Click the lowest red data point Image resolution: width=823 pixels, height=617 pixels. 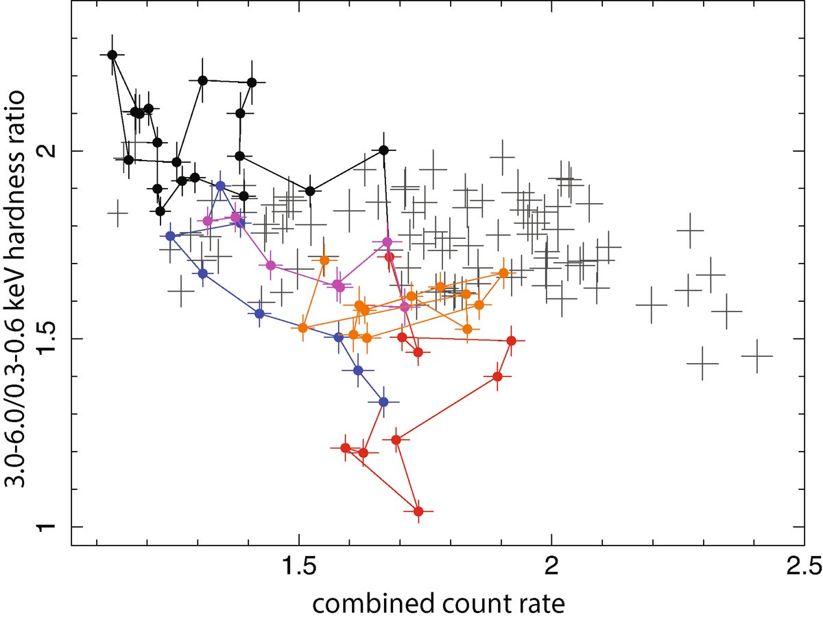tap(418, 511)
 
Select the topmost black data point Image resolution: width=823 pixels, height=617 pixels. tap(112, 54)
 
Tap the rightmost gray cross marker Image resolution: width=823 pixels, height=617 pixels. tap(757, 356)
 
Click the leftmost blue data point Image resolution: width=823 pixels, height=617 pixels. tap(171, 236)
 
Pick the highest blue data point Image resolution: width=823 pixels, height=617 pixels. tap(220, 186)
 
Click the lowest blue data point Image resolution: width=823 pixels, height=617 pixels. tap(383, 401)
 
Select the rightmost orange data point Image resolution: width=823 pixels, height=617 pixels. tap(503, 272)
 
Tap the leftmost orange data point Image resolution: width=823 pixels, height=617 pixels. tap(303, 328)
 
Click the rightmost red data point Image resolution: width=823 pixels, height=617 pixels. tap(511, 340)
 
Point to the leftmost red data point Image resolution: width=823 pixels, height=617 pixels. tap(346, 447)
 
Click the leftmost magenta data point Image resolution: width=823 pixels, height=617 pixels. tap(208, 220)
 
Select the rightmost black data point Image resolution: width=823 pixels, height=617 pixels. tap(384, 150)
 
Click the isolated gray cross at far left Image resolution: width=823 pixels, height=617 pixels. tap(118, 213)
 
